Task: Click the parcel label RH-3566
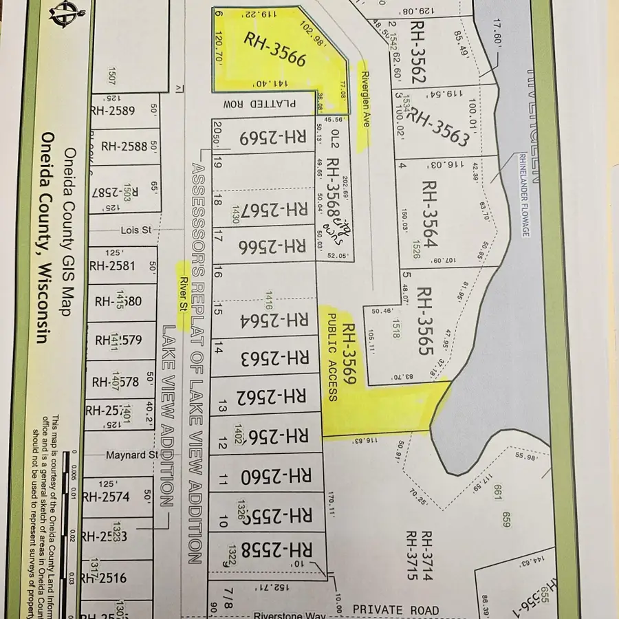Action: click(x=274, y=50)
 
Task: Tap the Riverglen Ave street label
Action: click(x=366, y=100)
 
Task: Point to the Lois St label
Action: click(x=135, y=230)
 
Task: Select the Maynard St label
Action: click(x=131, y=455)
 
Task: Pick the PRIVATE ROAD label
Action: click(x=395, y=610)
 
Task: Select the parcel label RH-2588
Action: click(x=124, y=146)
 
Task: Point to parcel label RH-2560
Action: click(x=275, y=475)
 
